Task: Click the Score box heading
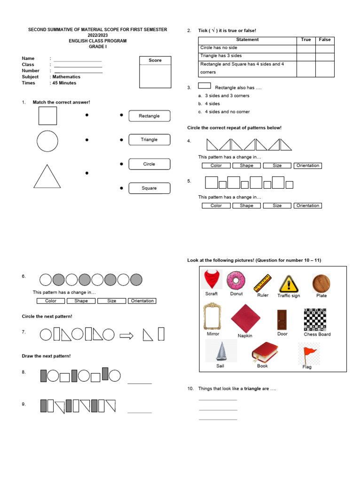(x=155, y=60)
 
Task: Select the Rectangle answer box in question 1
(x=149, y=116)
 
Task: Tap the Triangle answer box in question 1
(x=149, y=140)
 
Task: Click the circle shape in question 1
(x=47, y=141)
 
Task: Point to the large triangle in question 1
(x=47, y=177)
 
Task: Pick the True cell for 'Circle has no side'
(x=306, y=48)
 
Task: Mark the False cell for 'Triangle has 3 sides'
(x=325, y=56)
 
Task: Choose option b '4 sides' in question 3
(x=212, y=104)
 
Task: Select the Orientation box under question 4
(x=308, y=166)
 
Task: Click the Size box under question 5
(x=277, y=206)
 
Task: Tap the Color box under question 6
(x=51, y=301)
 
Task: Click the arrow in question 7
(x=126, y=335)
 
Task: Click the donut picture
(x=236, y=281)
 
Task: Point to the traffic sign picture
(x=288, y=283)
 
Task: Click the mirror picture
(x=212, y=316)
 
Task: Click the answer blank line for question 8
(x=140, y=383)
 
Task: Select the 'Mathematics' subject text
(x=66, y=77)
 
